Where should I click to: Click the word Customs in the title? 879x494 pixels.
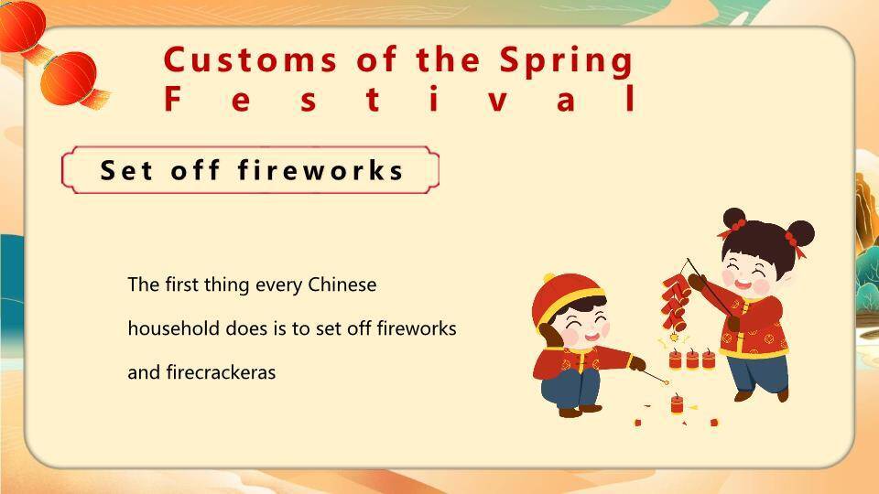tap(250, 60)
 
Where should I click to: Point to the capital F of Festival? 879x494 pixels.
tap(173, 99)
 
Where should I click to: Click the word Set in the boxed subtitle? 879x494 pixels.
tap(125, 170)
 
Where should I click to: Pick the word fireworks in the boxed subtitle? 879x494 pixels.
tap(320, 170)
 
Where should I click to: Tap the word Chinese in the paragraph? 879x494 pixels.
tap(342, 285)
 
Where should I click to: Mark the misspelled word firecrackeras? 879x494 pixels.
tap(221, 372)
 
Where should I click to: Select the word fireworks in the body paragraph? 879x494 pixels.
tap(417, 328)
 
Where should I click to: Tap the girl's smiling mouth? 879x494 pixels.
tap(743, 284)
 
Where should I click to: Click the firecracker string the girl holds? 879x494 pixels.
tap(676, 303)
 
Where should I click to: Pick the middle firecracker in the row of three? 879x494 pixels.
tap(692, 359)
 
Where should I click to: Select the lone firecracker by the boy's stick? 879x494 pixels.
tap(678, 403)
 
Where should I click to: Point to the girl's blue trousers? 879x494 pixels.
tap(757, 372)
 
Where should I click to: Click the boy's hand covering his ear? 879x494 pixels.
tap(550, 336)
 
